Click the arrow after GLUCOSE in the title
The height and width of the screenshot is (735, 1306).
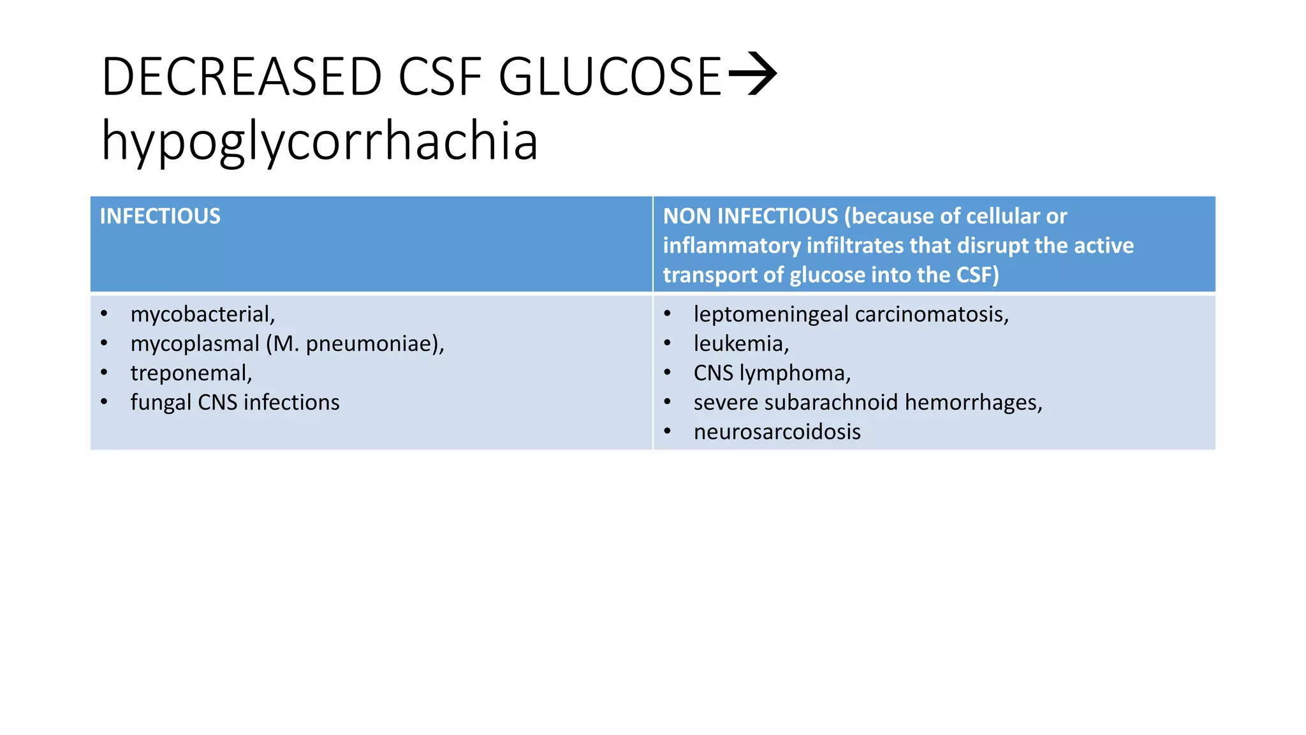[752, 74]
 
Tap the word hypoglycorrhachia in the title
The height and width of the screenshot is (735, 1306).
[319, 142]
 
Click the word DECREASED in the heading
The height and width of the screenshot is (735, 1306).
[241, 77]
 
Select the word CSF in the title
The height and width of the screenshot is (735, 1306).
[440, 77]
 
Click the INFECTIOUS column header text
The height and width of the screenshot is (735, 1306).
[160, 216]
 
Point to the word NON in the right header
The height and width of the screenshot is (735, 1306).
[687, 216]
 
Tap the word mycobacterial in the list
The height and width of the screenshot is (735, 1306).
[202, 315]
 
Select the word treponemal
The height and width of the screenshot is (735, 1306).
[190, 373]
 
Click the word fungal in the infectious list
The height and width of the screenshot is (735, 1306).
[161, 403]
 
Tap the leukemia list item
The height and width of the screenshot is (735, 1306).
[740, 344]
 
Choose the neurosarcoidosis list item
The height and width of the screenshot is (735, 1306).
[777, 432]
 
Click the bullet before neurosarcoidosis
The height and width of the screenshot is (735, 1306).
[667, 432]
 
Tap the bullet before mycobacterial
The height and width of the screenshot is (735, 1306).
[104, 315]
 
